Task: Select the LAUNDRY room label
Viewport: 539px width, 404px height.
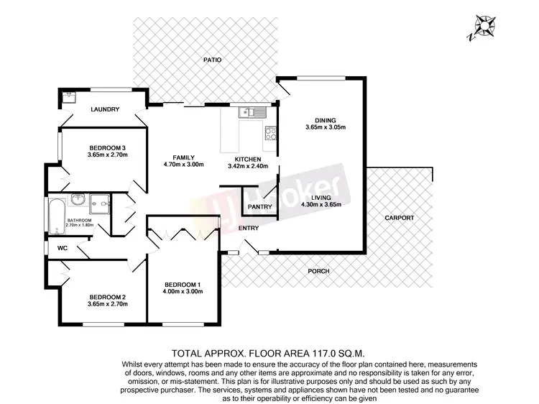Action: pyautogui.click(x=105, y=110)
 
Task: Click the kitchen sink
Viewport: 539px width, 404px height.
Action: pyautogui.click(x=254, y=112)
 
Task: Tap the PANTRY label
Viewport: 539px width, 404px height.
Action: pyautogui.click(x=259, y=207)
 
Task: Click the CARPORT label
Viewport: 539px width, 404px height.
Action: pyautogui.click(x=399, y=216)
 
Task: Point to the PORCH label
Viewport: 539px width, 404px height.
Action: pyautogui.click(x=318, y=271)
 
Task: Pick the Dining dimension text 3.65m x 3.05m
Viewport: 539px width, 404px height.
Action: pyautogui.click(x=325, y=128)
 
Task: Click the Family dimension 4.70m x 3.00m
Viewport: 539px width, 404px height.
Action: pyautogui.click(x=183, y=165)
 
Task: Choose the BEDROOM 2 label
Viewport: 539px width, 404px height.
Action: pyautogui.click(x=108, y=296)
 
